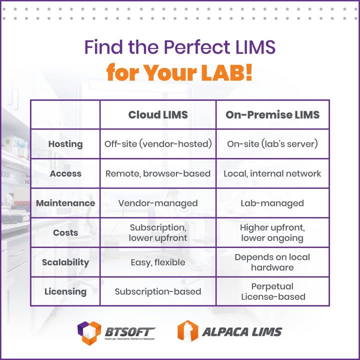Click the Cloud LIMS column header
[158, 114]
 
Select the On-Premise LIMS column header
[272, 114]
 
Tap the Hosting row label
[65, 144]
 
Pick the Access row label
[65, 173]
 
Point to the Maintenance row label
[65, 203]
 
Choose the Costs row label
[65, 232]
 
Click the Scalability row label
[65, 262]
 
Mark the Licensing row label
[65, 291]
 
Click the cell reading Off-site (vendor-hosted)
[158, 144]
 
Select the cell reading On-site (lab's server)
[272, 144]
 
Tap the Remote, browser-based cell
[158, 173]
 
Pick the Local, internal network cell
[272, 173]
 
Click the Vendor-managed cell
[158, 203]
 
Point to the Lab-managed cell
[272, 203]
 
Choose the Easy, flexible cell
[158, 262]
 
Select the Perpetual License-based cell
[272, 291]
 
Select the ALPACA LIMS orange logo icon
[188, 331]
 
